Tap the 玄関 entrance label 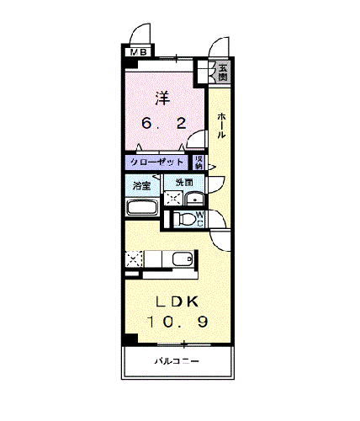pos(222,72)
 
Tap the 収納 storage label pos(199,162)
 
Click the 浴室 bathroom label pos(140,183)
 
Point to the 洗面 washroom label pos(184,182)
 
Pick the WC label pos(201,218)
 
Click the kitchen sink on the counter pos(179,259)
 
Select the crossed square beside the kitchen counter pos(134,258)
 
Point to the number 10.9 pos(177,323)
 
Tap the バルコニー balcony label pos(177,362)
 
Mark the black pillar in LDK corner pos(130,339)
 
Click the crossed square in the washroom pos(173,200)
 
